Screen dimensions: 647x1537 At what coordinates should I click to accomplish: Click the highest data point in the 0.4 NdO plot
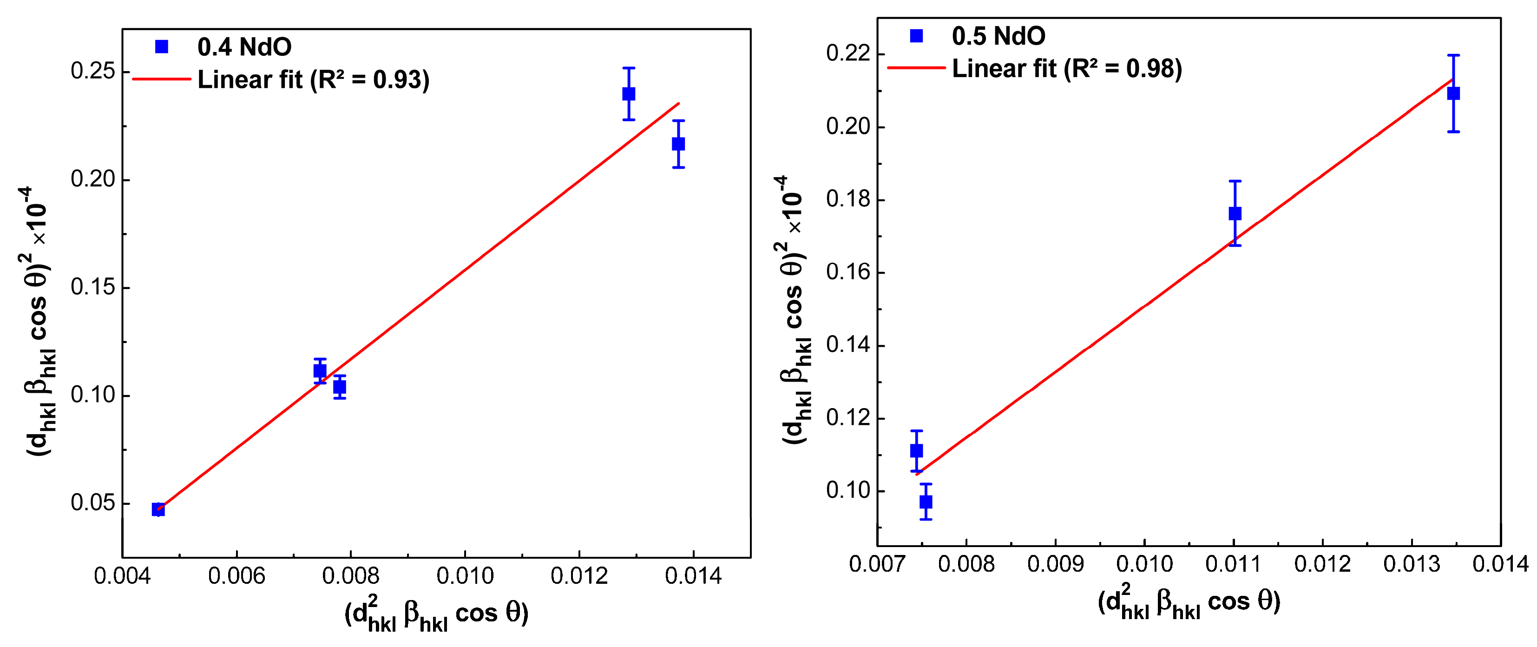coord(628,94)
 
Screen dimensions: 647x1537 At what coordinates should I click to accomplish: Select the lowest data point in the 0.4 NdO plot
coord(158,509)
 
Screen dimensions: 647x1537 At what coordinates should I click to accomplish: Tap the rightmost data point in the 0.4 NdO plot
coord(678,144)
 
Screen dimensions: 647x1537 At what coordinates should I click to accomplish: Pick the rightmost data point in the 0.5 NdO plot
coord(1453,93)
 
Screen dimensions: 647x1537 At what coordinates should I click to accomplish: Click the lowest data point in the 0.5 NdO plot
coord(926,502)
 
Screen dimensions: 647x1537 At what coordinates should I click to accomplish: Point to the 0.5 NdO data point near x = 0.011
coord(1235,213)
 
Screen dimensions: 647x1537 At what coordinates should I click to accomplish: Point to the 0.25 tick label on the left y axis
coord(92,71)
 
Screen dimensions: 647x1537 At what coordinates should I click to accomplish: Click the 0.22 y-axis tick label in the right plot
coord(848,54)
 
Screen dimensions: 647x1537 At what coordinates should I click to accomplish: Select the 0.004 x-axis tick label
coord(122,576)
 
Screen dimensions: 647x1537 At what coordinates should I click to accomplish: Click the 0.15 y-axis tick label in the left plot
coord(92,287)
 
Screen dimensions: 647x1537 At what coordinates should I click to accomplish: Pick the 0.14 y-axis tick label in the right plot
coord(848,345)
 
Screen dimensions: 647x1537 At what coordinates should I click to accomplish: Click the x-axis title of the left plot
coord(436,614)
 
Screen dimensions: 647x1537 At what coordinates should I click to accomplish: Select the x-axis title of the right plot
coord(1189,601)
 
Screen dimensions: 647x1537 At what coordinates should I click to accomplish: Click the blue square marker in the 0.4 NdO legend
coord(161,46)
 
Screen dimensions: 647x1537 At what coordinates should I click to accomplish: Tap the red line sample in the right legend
coord(916,68)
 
